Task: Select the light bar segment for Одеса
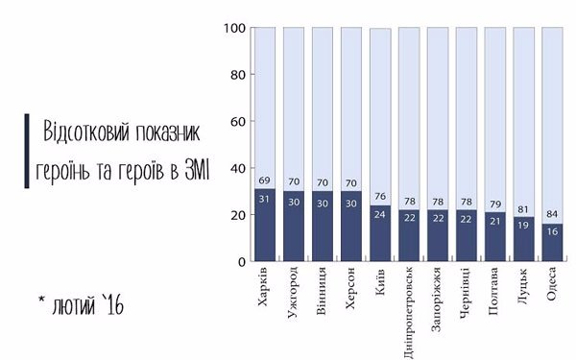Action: (x=553, y=115)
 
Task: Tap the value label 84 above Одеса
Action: (x=553, y=216)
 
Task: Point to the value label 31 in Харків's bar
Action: (x=264, y=198)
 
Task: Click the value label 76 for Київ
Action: (x=379, y=199)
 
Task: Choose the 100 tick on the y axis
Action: (x=234, y=28)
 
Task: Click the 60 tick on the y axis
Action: (x=237, y=122)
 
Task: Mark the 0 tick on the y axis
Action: (x=241, y=262)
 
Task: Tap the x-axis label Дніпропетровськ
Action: (x=409, y=306)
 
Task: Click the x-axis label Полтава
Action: (x=495, y=289)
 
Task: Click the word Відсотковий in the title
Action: (x=87, y=132)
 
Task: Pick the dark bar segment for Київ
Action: (x=379, y=240)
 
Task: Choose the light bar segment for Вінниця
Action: (x=322, y=106)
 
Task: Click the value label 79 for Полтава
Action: (x=495, y=204)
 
